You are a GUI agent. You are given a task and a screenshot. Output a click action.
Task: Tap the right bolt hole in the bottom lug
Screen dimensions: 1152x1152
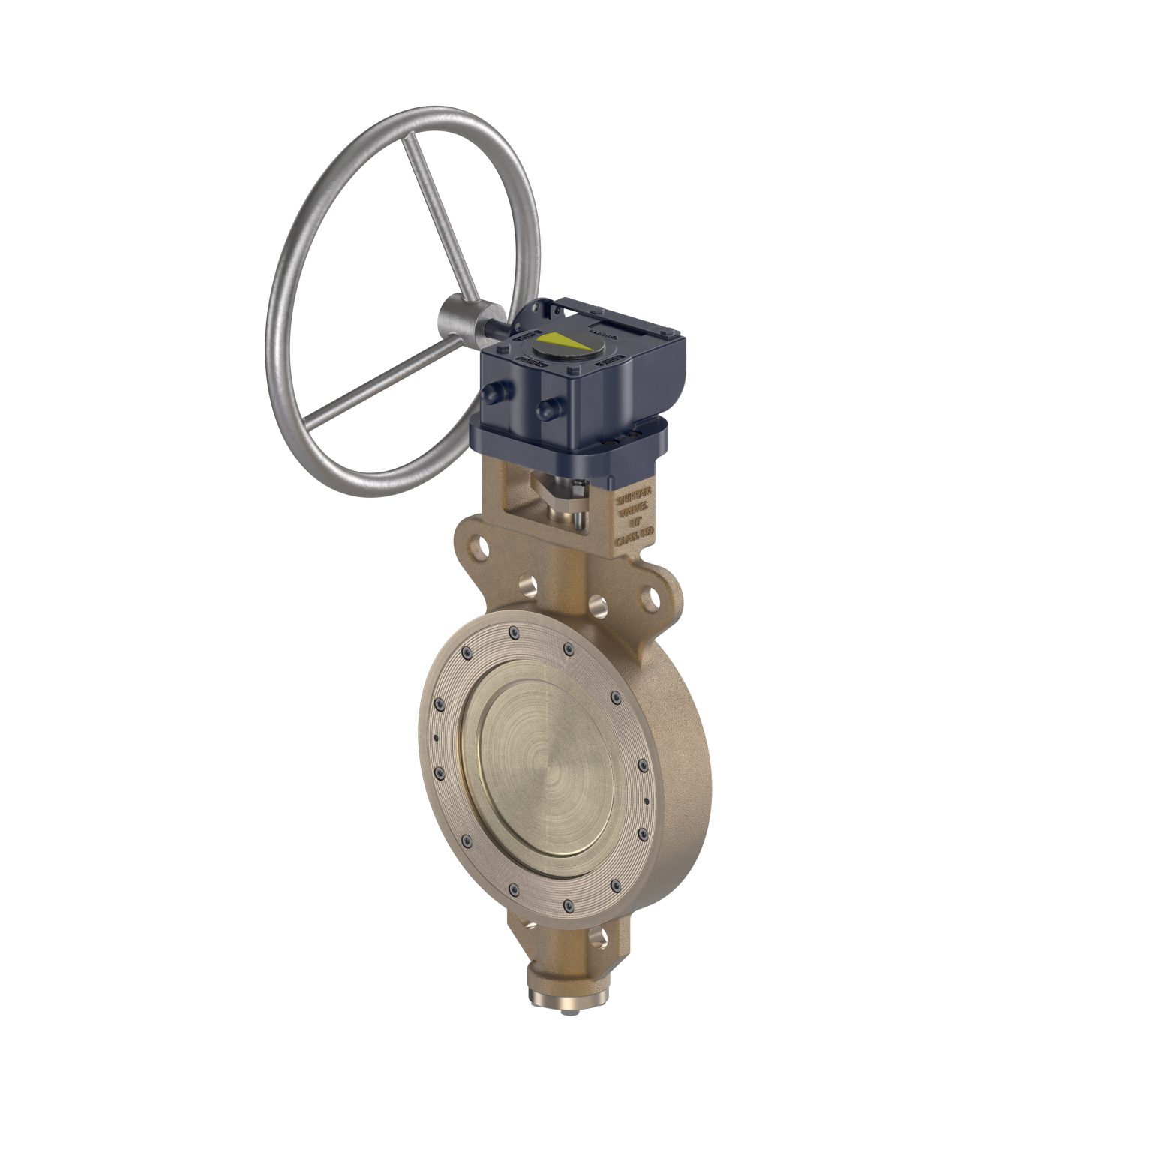coord(597,936)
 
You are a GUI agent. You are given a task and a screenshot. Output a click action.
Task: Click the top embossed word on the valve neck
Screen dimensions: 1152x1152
coord(634,497)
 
